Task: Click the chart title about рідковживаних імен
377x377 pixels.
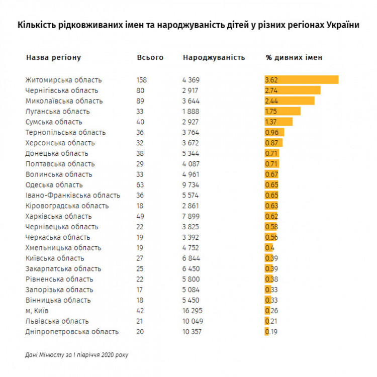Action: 189,25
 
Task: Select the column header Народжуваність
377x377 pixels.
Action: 214,57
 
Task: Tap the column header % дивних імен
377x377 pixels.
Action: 294,57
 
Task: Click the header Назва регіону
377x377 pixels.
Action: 53,57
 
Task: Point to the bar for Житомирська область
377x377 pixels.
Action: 302,80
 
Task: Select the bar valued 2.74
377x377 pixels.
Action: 293,90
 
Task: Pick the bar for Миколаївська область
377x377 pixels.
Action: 290,101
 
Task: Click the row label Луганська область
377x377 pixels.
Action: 57,111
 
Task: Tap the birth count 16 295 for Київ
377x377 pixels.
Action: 194,311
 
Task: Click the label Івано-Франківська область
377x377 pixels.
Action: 72,195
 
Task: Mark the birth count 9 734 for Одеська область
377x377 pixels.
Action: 193,184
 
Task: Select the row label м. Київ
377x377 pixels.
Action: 37,311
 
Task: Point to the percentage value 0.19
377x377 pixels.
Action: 272,332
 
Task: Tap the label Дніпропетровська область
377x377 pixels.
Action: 72,332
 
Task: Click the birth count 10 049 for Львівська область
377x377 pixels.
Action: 194,321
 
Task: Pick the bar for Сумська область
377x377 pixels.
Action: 278,122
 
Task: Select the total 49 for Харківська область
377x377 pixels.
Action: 140,216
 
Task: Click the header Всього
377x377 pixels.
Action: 150,57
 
